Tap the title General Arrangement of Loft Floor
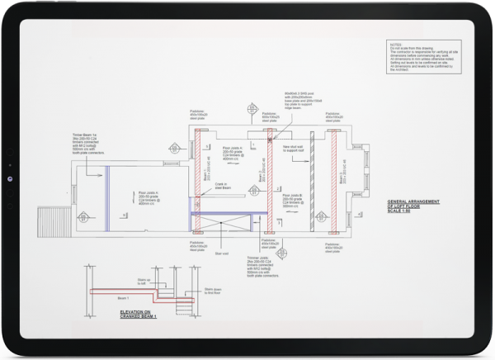coord(415,204)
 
